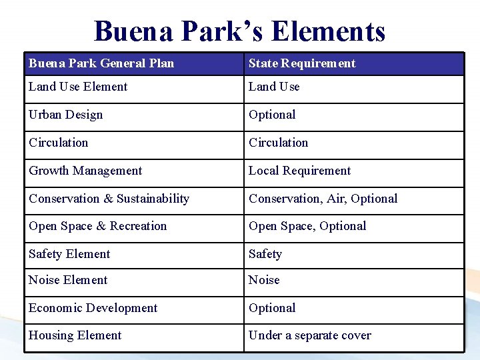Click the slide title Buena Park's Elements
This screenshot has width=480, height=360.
pyautogui.click(x=239, y=31)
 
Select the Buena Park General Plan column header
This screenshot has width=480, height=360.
pyautogui.click(x=101, y=63)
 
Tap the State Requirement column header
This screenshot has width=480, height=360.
pyautogui.click(x=302, y=63)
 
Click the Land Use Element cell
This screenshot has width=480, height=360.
pyautogui.click(x=78, y=87)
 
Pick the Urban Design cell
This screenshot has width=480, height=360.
pyautogui.click(x=66, y=115)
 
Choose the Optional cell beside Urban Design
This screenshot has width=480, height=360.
pyautogui.click(x=272, y=115)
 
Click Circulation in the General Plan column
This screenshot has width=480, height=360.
pyautogui.click(x=59, y=143)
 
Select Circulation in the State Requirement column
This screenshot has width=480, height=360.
pyautogui.click(x=279, y=143)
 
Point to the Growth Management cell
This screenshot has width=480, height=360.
pyautogui.click(x=85, y=171)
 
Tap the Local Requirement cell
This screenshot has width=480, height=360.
pyautogui.click(x=299, y=171)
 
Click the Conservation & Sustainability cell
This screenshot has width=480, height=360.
pyautogui.click(x=109, y=199)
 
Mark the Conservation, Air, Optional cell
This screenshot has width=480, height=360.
pyautogui.click(x=323, y=199)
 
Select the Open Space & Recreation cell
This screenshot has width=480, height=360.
pyautogui.click(x=98, y=226)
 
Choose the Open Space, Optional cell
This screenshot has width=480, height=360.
pyautogui.click(x=307, y=226)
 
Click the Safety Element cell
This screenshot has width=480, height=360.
pyautogui.click(x=69, y=254)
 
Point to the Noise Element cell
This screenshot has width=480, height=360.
pyautogui.click(x=68, y=280)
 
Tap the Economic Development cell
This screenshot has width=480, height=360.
pyautogui.click(x=93, y=308)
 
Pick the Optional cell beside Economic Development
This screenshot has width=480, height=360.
pyautogui.click(x=272, y=308)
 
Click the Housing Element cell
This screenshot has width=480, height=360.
pyautogui.click(x=75, y=335)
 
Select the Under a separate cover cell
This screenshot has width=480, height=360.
pyautogui.click(x=310, y=335)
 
